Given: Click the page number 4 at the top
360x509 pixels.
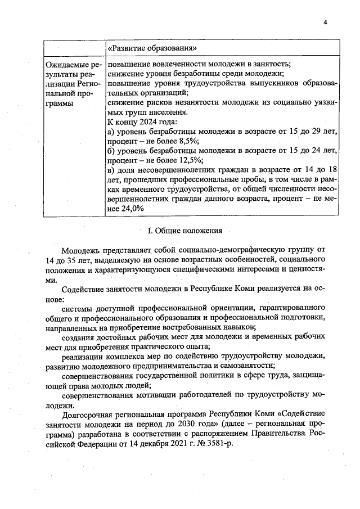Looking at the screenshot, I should tap(325, 22).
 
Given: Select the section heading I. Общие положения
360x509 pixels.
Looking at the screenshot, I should tap(185, 230).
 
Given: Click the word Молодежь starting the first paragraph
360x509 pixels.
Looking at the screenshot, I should tap(82, 249).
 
